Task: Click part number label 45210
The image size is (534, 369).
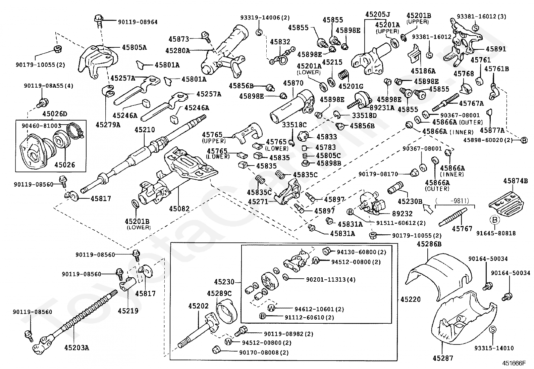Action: point(145,130)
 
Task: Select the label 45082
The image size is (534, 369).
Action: point(179,209)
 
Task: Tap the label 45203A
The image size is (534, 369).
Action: point(76,348)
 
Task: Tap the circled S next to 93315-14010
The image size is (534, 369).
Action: point(492,330)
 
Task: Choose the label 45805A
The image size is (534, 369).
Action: point(134,48)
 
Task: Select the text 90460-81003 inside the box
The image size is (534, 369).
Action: point(41,126)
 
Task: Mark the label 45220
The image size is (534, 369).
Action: point(410,299)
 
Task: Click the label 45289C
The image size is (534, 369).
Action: point(219,293)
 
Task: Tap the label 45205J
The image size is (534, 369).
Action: point(377,15)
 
